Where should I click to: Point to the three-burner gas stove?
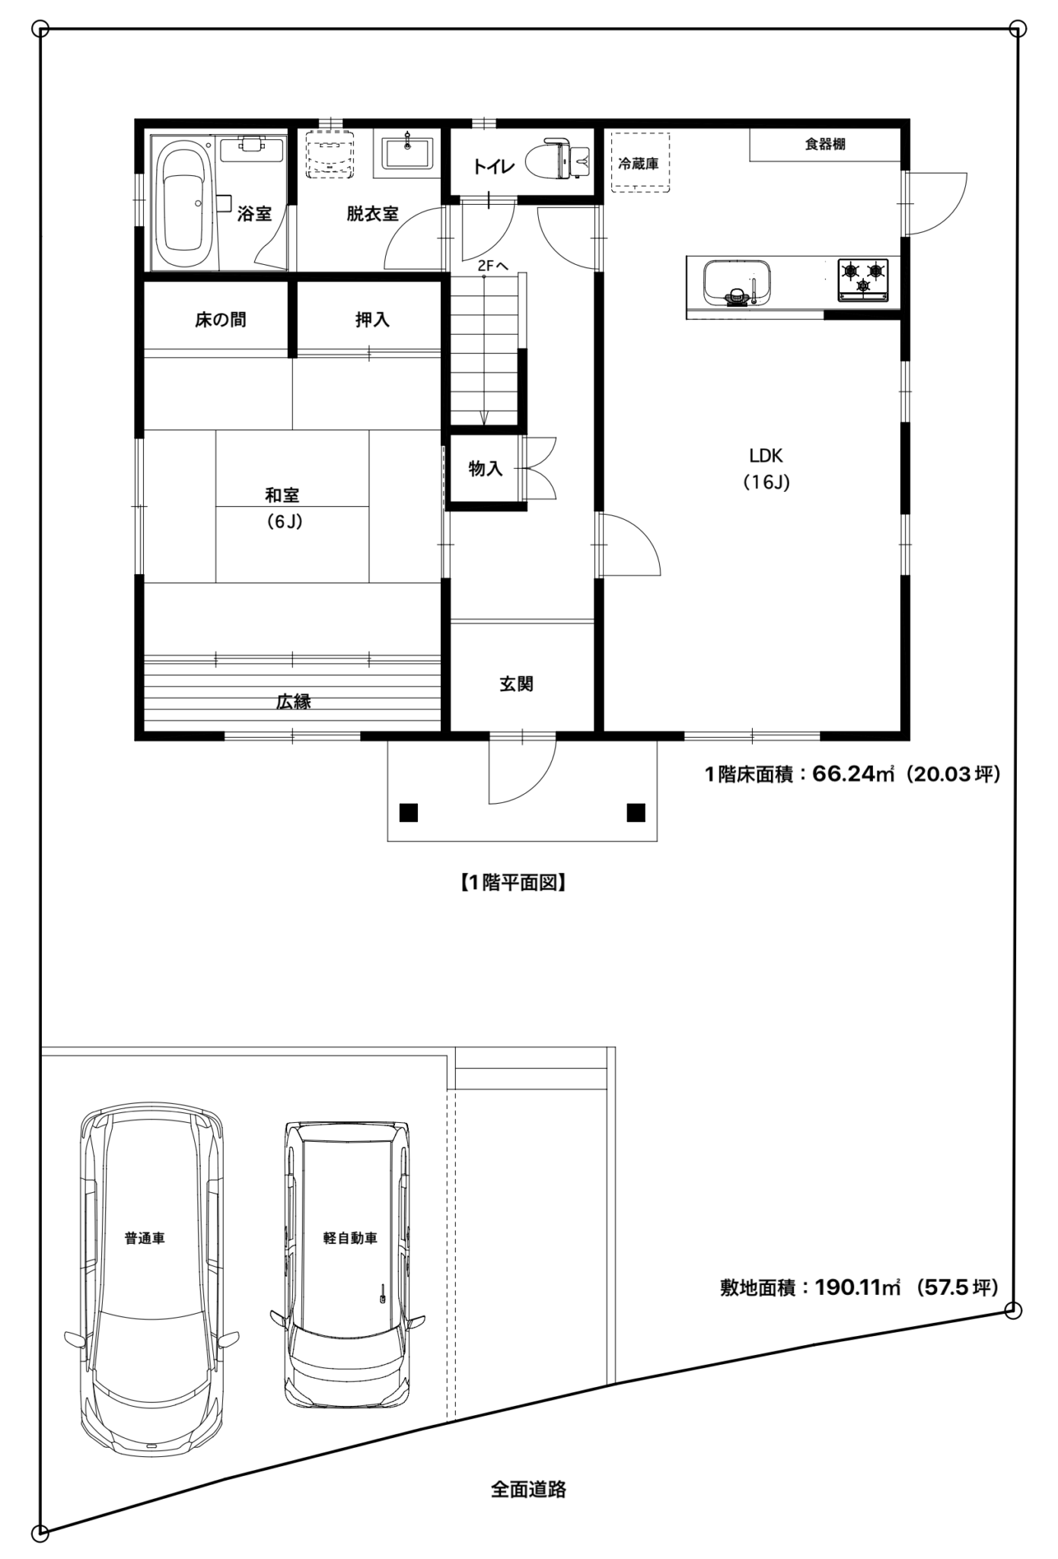click(863, 280)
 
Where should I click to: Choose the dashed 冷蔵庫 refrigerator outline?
click(641, 163)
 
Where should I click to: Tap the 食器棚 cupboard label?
click(825, 144)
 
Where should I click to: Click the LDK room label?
click(766, 455)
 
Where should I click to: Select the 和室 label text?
click(282, 496)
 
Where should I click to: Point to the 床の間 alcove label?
click(220, 320)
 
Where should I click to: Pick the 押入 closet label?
click(372, 320)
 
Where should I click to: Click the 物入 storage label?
click(486, 468)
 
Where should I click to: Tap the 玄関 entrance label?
click(516, 684)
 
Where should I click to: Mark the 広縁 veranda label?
click(293, 702)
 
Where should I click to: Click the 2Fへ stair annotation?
click(493, 266)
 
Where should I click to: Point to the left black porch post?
click(409, 813)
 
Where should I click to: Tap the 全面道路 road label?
click(528, 1489)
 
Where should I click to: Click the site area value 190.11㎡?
click(857, 1287)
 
